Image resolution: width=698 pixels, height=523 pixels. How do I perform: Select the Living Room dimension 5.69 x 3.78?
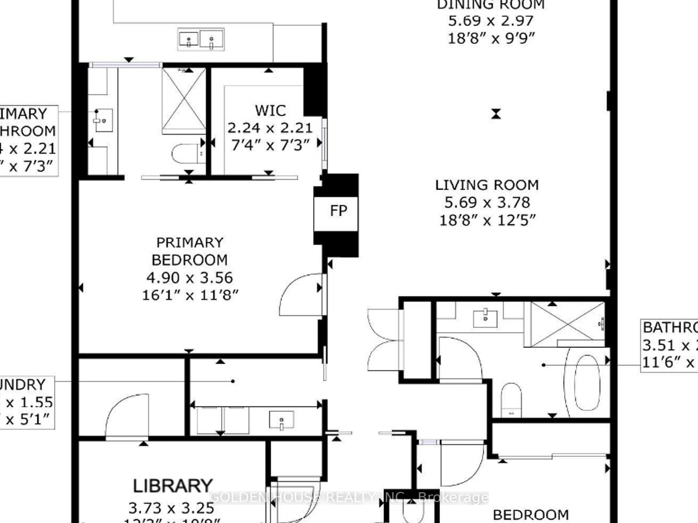point(487,202)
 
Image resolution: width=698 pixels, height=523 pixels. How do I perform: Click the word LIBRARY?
point(173,486)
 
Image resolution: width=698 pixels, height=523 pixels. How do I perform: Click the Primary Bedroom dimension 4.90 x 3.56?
point(190,278)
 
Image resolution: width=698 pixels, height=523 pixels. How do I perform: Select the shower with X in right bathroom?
point(567,324)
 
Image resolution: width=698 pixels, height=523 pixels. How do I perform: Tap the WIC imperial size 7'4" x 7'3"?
point(270,145)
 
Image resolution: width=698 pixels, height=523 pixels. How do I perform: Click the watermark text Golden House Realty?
point(349,497)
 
